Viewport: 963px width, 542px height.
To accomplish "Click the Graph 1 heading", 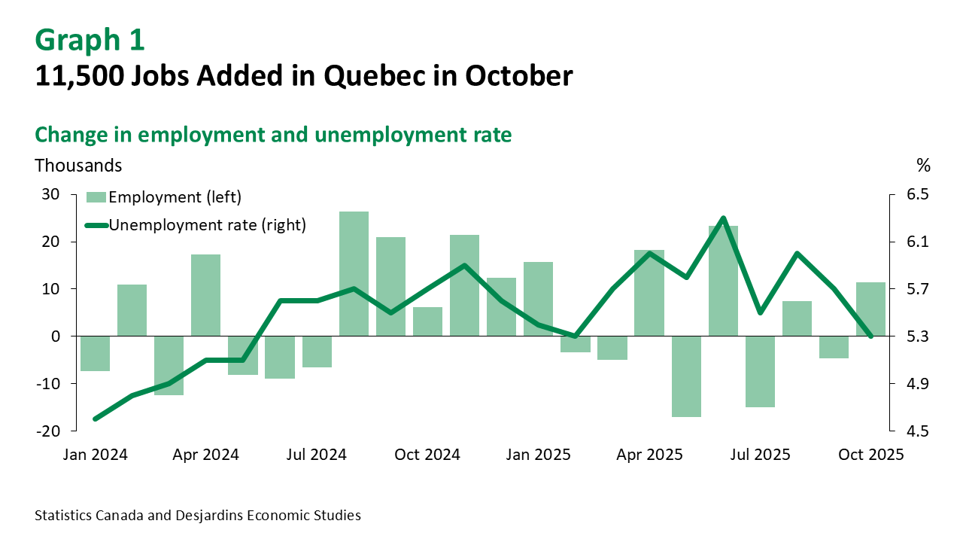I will [x=90, y=41].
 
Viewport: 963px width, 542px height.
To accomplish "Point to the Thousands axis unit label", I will [x=78, y=164].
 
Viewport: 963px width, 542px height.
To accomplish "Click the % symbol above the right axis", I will [x=923, y=165].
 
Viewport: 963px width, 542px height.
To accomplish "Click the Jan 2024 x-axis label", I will [x=95, y=455].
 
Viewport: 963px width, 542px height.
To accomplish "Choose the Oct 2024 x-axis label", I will [x=427, y=455].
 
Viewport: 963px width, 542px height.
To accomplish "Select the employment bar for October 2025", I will [x=870, y=309].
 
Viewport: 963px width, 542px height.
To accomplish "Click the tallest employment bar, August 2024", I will [x=354, y=274].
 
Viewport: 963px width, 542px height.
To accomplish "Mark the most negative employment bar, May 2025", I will [x=686, y=376].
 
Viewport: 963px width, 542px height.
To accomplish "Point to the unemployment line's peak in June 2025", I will [x=723, y=218].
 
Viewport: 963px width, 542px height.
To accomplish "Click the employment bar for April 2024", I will [x=205, y=295].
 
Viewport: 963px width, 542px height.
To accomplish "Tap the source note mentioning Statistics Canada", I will [x=198, y=516].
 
